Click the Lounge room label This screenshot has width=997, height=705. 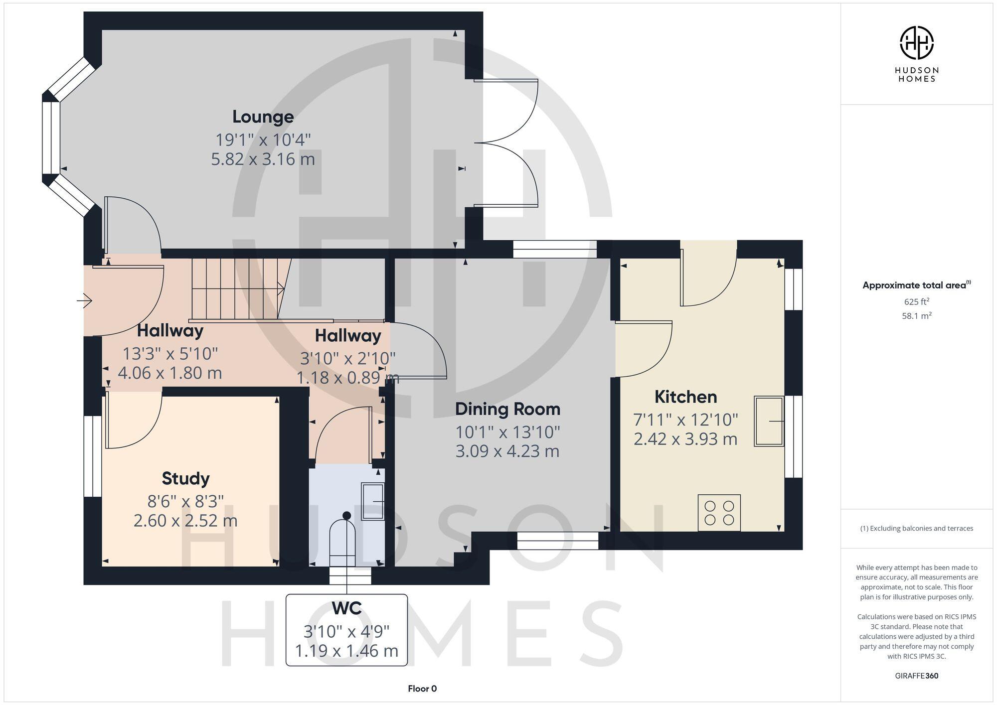[263, 117]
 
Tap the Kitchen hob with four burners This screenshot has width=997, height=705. [719, 513]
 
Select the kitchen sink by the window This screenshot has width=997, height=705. [768, 421]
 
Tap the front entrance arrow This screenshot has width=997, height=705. [84, 301]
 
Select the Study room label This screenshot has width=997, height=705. [185, 478]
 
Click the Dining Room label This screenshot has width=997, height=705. [507, 409]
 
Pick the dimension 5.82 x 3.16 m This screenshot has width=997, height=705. [263, 159]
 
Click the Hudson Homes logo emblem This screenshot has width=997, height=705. [916, 43]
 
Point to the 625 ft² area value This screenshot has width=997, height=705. [916, 301]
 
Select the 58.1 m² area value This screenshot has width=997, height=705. [916, 316]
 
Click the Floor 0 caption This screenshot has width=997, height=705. [422, 689]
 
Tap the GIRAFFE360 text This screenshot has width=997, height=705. [916, 676]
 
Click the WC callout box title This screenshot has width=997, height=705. [346, 608]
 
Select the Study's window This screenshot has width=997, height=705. [92, 456]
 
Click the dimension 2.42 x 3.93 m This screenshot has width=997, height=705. [685, 439]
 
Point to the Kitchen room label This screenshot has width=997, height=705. [685, 397]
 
